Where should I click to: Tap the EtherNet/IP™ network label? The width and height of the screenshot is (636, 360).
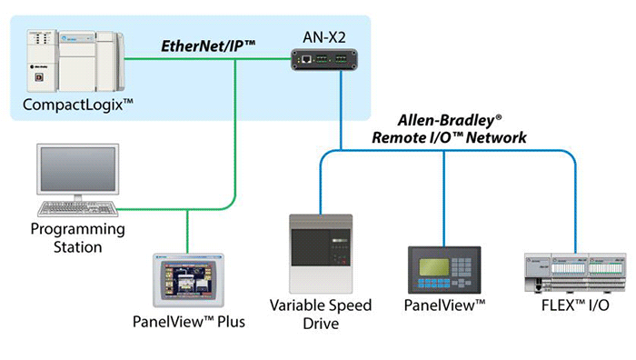coord(207,44)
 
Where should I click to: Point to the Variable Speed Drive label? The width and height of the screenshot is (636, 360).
coord(321,314)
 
